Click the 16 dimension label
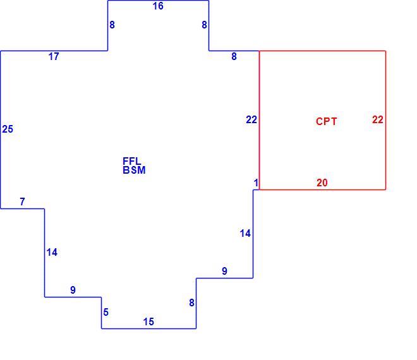(x=158, y=6)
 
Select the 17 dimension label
(x=54, y=56)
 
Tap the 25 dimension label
(x=8, y=129)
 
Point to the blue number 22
(x=251, y=119)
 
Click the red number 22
(x=378, y=119)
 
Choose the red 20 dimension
(x=322, y=183)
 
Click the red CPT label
(x=326, y=121)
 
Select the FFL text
(x=131, y=161)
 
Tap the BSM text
(x=134, y=170)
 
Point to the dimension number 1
(x=256, y=183)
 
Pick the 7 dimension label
(x=22, y=201)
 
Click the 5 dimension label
(x=106, y=312)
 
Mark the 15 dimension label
(x=148, y=321)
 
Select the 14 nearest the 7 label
(x=52, y=253)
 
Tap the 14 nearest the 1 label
(x=245, y=234)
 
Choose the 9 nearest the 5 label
(x=73, y=290)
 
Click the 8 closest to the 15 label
(x=191, y=303)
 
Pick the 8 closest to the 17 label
(x=112, y=25)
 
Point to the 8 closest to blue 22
(x=234, y=56)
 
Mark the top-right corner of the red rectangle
(x=385, y=51)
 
